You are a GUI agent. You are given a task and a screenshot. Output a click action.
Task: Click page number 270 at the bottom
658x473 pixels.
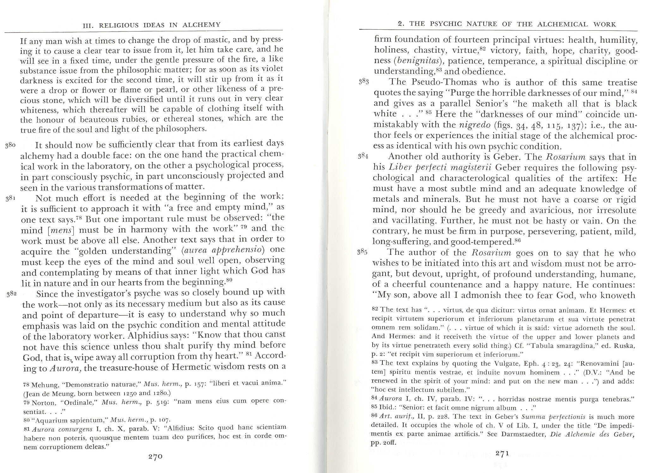155,456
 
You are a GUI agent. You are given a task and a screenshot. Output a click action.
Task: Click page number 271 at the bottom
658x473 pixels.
502,453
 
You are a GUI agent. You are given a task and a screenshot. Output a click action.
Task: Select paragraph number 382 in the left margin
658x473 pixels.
12,294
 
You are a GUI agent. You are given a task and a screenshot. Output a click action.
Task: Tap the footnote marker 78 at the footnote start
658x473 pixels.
27,385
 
